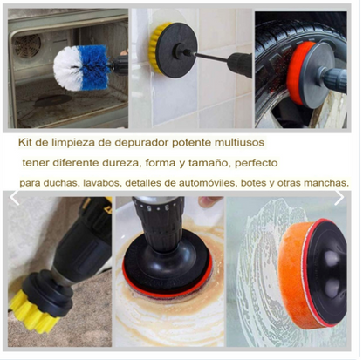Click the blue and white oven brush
80,63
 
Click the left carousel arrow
14,198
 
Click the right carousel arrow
339,198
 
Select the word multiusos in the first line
261,141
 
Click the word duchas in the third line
55,183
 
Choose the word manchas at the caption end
325,183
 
